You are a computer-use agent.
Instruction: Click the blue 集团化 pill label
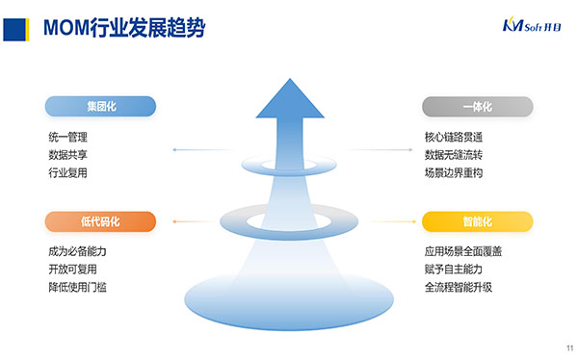[x=100, y=107]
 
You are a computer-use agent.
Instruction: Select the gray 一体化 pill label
[x=478, y=107]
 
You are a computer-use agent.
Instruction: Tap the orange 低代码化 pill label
[x=100, y=221]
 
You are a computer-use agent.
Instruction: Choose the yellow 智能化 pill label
[x=478, y=221]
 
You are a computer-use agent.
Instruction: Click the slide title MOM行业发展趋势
[x=124, y=28]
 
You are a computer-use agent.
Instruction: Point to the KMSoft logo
[x=532, y=25]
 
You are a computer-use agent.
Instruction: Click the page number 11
[x=570, y=348]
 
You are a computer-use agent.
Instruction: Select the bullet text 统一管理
[x=67, y=137]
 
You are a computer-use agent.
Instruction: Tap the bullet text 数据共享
[x=67, y=155]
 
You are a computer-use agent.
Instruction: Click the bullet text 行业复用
[x=67, y=172]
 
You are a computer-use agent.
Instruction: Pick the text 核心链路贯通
[x=454, y=137]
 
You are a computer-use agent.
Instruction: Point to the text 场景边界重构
[x=454, y=172]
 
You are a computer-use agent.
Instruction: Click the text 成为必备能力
[x=77, y=251]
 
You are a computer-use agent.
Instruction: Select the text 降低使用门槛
[x=77, y=287]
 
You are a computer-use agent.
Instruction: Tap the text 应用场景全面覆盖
[x=463, y=251]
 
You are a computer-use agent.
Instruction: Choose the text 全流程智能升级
[x=459, y=287]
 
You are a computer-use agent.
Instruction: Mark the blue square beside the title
[x=14, y=30]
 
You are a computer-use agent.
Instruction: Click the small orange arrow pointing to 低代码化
[x=195, y=221]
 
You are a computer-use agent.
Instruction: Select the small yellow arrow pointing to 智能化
[x=394, y=221]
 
